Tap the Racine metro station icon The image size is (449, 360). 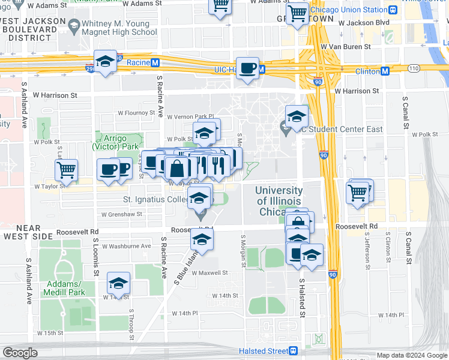click(155, 62)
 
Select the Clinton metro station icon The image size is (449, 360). click(385, 71)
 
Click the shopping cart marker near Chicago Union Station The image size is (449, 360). click(297, 13)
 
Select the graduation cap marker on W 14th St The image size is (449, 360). click(119, 284)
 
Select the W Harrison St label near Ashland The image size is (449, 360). click(55, 95)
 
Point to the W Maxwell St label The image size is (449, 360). click(209, 272)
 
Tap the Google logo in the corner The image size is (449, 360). click(20, 352)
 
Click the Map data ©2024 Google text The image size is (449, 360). click(411, 355)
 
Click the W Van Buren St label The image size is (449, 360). click(345, 46)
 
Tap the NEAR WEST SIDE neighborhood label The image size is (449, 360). click(22, 232)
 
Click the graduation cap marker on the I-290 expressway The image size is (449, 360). click(106, 62)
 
